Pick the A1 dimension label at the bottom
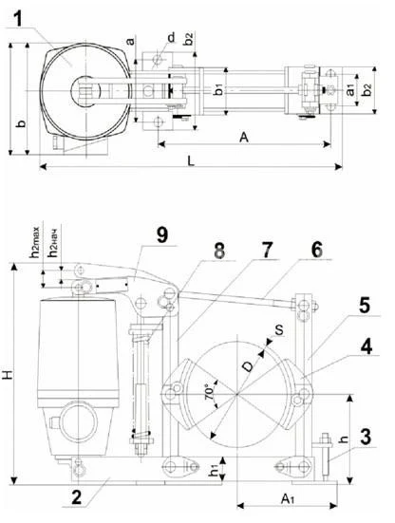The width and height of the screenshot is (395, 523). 265,497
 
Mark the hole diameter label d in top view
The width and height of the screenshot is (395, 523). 170,37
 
